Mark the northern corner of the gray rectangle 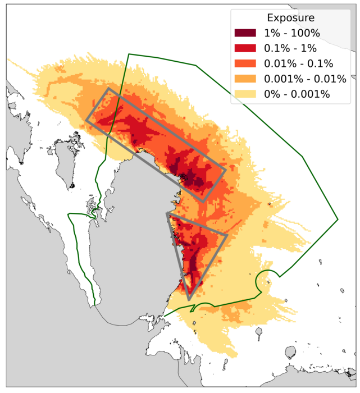[x=108, y=88]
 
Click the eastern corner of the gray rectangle [x=226, y=170]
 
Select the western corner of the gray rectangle [x=86, y=119]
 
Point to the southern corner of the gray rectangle [x=203, y=201]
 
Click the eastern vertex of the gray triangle [x=227, y=235]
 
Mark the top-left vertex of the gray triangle [x=167, y=213]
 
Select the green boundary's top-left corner [x=129, y=54]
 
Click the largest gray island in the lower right [x=290, y=353]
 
